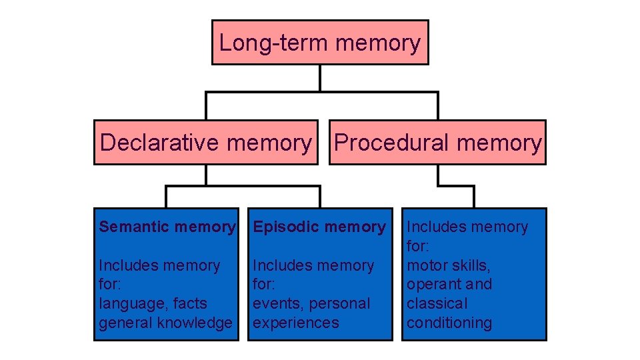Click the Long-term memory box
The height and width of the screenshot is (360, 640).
click(x=320, y=43)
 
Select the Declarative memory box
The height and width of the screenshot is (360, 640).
click(x=205, y=142)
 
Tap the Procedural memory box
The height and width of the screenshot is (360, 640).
click(x=438, y=142)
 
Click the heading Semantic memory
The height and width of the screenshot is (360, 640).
click(x=167, y=227)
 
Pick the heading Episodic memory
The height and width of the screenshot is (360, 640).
click(x=319, y=227)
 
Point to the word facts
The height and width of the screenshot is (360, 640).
click(x=190, y=304)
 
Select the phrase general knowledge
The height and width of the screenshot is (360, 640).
click(x=165, y=323)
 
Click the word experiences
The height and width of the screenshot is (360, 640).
click(x=296, y=323)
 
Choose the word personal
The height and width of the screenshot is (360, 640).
click(x=338, y=304)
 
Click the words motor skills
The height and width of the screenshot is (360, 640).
click(x=448, y=265)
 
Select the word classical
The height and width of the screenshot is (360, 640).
click(x=437, y=303)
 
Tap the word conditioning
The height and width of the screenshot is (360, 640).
click(x=449, y=323)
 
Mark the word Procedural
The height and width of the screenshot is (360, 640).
click(x=392, y=142)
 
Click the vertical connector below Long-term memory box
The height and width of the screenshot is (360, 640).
click(x=320, y=78)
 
